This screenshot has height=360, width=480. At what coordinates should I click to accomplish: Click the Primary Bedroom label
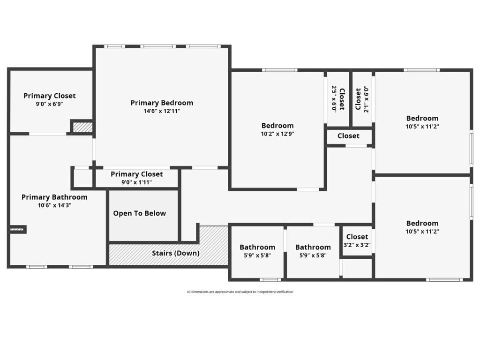(162, 103)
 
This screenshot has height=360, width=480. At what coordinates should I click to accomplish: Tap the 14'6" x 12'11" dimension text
(162, 111)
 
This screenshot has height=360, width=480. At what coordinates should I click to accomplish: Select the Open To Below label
(140, 213)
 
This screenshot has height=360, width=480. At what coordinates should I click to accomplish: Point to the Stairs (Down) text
(176, 253)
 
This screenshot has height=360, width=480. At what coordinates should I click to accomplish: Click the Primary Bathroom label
(54, 197)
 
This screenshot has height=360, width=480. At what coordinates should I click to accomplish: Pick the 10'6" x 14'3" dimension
(54, 205)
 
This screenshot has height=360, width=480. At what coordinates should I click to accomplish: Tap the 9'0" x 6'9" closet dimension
(49, 104)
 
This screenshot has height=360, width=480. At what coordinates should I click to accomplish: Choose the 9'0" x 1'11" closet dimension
(136, 182)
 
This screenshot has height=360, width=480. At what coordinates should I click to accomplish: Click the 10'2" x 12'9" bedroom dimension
(277, 134)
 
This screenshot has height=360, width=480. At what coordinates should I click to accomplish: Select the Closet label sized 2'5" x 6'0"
(342, 99)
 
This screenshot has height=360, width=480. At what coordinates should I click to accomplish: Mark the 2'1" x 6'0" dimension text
(367, 100)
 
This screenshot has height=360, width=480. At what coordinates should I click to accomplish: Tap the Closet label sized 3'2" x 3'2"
(357, 237)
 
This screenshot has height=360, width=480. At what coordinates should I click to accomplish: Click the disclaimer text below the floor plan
(240, 292)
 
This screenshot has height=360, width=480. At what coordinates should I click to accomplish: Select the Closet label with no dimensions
(349, 135)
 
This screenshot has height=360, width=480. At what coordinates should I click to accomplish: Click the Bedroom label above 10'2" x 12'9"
(277, 126)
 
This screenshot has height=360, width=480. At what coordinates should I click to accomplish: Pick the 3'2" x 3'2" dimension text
(357, 245)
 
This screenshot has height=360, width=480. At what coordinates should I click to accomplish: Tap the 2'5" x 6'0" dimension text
(334, 99)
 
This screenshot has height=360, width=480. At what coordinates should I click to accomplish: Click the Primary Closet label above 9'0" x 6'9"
(50, 96)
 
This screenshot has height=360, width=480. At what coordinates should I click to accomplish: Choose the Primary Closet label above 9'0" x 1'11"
(137, 174)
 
